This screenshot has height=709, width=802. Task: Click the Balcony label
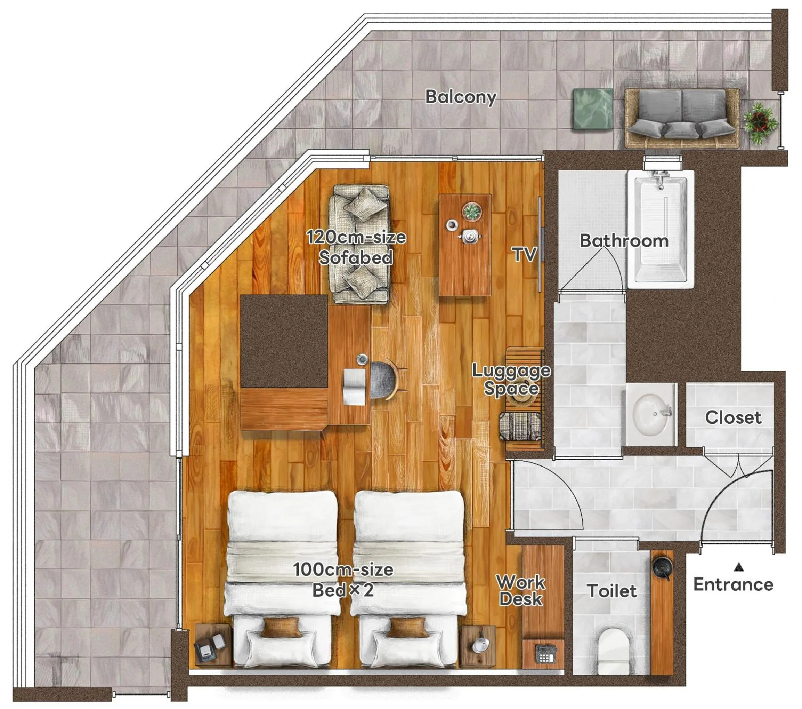pos(461,97)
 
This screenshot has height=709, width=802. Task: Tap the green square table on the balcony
pos(593,109)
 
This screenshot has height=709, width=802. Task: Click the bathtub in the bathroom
pos(661,230)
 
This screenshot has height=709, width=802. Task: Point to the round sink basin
pos(649,414)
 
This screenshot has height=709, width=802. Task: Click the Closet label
pos(733,417)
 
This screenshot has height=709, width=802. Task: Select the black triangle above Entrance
pos(739,567)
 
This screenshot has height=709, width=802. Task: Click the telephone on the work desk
pos(546,654)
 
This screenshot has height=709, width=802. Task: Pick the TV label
pos(524,254)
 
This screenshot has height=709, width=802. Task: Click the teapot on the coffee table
pos(469,236)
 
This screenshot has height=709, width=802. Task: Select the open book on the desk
pos(354,387)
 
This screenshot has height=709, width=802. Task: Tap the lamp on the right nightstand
pos(481,644)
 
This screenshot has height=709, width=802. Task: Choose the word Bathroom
pos(624,241)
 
